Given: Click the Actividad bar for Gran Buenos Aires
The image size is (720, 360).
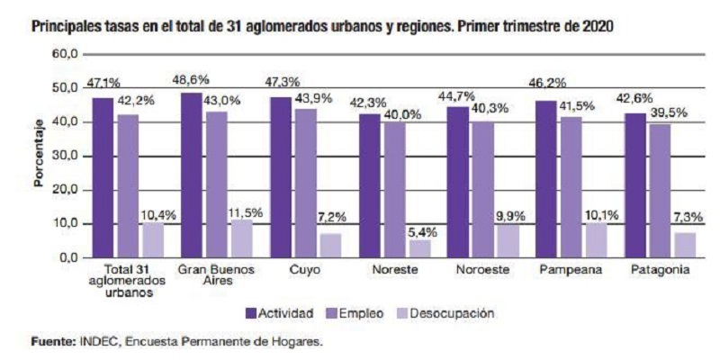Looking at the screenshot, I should pos(192,175).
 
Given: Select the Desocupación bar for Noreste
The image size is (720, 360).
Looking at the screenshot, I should pos(421,248).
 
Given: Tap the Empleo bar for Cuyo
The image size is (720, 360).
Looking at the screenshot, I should pos(306,183).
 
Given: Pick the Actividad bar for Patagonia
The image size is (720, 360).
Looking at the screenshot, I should pos(635,185).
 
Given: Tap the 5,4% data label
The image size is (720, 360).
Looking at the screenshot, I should pos(421,231).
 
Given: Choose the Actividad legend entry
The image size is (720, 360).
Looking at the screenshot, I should pos(279,313).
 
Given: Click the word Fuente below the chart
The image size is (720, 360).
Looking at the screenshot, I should pos(50,342).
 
